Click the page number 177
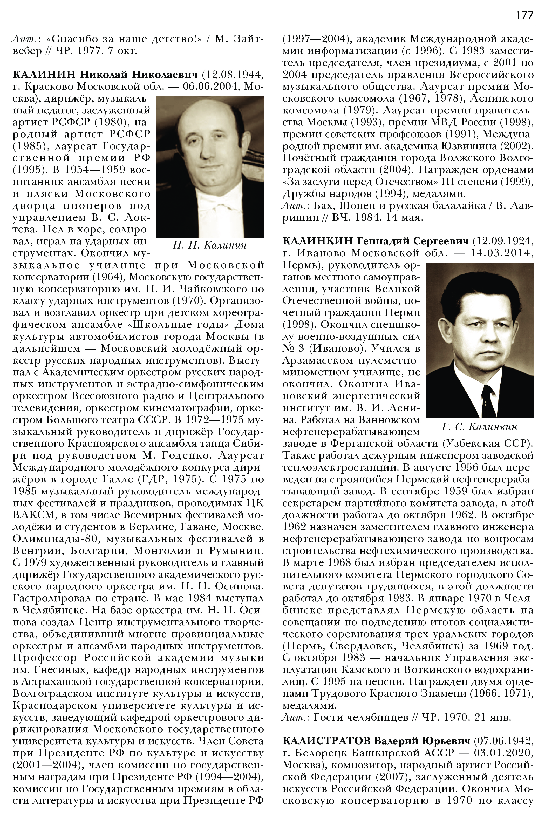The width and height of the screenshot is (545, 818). pos(524,16)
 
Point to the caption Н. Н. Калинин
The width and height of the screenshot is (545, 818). pos(210,245)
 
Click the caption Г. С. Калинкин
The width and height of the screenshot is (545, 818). pos(480,427)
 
